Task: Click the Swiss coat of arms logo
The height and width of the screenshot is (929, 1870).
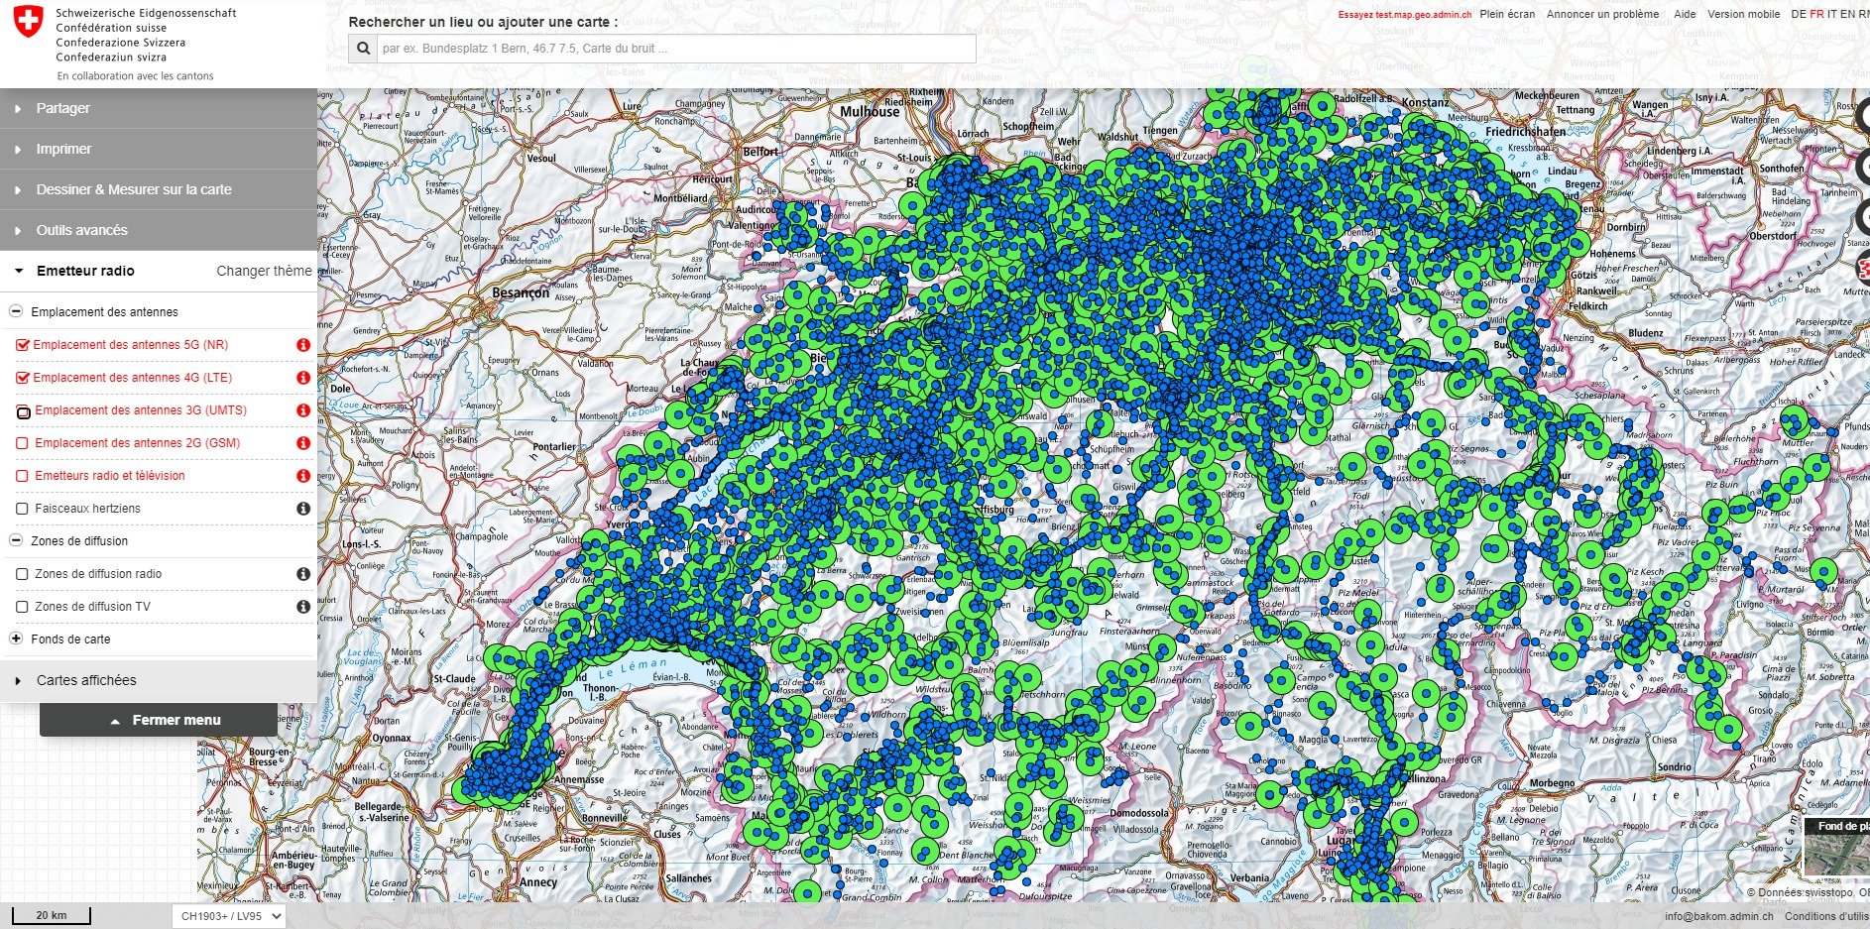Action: pyautogui.click(x=29, y=22)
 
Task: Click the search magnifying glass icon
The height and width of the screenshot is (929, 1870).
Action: pyautogui.click(x=363, y=49)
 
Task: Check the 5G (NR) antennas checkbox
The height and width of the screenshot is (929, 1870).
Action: pyautogui.click(x=23, y=345)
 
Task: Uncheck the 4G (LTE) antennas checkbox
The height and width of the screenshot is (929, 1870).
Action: pyautogui.click(x=23, y=378)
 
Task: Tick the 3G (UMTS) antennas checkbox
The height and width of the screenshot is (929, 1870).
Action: pyautogui.click(x=23, y=411)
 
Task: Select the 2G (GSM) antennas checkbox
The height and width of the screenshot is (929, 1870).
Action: pyautogui.click(x=23, y=443)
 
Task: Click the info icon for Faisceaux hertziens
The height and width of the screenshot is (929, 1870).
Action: pyautogui.click(x=303, y=509)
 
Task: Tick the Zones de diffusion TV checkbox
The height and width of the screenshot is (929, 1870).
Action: pyautogui.click(x=23, y=607)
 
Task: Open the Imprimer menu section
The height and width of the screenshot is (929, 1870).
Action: pyautogui.click(x=63, y=149)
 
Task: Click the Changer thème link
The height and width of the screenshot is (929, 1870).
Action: pyautogui.click(x=264, y=271)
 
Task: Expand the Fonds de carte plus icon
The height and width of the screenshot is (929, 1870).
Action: pyautogui.click(x=16, y=639)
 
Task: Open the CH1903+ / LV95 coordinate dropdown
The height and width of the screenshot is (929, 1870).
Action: pyautogui.click(x=229, y=916)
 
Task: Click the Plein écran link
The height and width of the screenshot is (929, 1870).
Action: pyautogui.click(x=1506, y=14)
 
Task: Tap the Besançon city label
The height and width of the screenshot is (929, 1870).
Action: pyautogui.click(x=521, y=292)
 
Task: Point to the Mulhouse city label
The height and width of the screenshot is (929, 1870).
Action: pyautogui.click(x=870, y=112)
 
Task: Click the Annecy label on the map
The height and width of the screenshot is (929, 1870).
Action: pyautogui.click(x=538, y=881)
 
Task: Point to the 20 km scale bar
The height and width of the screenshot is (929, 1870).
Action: pyautogui.click(x=51, y=916)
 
